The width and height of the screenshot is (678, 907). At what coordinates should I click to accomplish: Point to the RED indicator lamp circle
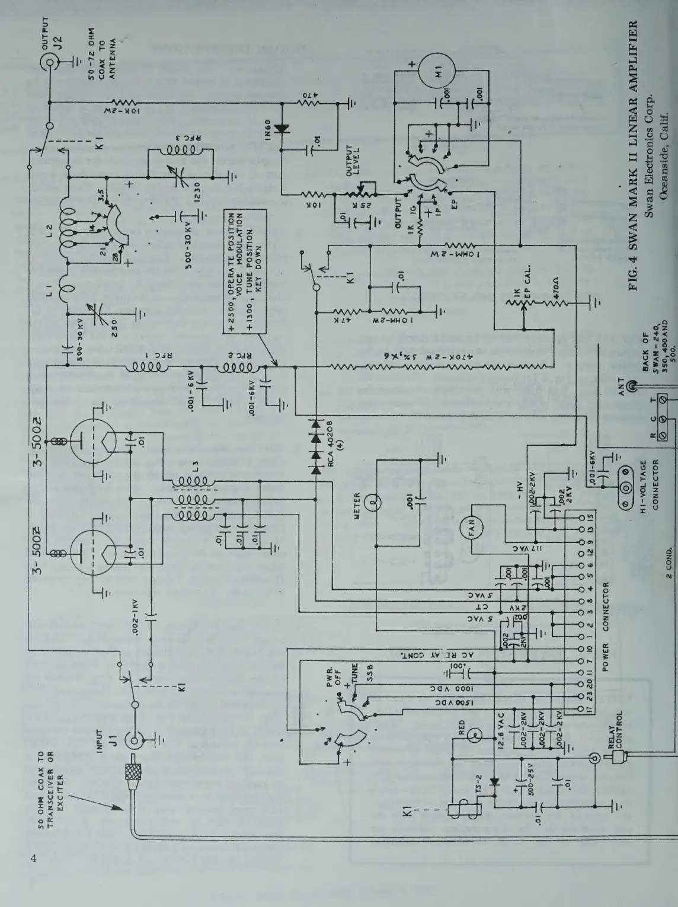pyautogui.click(x=474, y=737)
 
